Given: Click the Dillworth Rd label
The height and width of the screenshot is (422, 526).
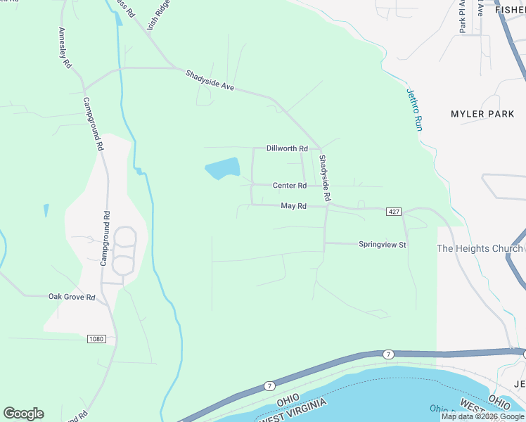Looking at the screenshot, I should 287,148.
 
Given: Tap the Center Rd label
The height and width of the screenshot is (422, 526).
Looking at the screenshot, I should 290,186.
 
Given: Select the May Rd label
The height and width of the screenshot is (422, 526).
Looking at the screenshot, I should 294,206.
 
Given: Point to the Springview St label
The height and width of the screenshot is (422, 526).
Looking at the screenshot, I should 383,245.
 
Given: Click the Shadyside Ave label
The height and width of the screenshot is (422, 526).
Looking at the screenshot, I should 210,82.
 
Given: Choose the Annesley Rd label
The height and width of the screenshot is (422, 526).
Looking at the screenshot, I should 65,47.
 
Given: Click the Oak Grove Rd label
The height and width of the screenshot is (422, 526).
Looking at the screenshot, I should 72,298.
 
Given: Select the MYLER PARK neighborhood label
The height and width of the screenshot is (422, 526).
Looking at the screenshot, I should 482,114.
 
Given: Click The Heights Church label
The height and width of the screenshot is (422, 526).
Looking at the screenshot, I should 480,248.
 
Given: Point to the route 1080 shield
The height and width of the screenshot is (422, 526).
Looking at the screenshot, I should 96,339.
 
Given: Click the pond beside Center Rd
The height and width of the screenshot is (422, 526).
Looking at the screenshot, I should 223,168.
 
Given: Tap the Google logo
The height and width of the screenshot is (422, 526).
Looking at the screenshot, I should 23,414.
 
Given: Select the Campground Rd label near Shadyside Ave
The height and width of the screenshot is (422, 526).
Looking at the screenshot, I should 94,124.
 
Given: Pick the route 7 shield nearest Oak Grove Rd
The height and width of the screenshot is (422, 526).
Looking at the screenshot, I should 269,385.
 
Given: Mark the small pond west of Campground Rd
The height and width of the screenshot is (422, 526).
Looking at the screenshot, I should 46,210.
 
